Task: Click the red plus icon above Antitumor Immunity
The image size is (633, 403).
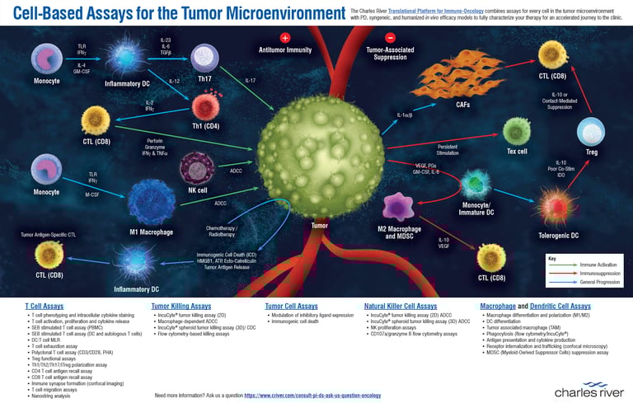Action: (x=285, y=38)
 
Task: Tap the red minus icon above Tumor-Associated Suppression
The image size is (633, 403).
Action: (x=390, y=38)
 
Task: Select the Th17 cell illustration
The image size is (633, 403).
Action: (x=204, y=58)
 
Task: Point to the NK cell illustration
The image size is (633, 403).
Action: (x=197, y=166)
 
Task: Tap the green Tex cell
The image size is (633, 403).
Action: (x=517, y=130)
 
